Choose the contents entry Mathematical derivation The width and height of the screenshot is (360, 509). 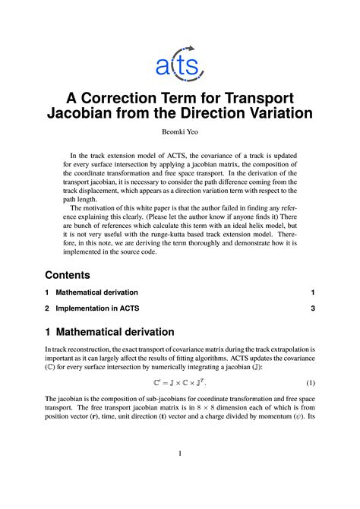pyautogui.click(x=97, y=292)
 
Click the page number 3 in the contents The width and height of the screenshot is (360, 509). pyautogui.click(x=312, y=308)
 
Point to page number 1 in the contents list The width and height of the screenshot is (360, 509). pyautogui.click(x=312, y=292)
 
